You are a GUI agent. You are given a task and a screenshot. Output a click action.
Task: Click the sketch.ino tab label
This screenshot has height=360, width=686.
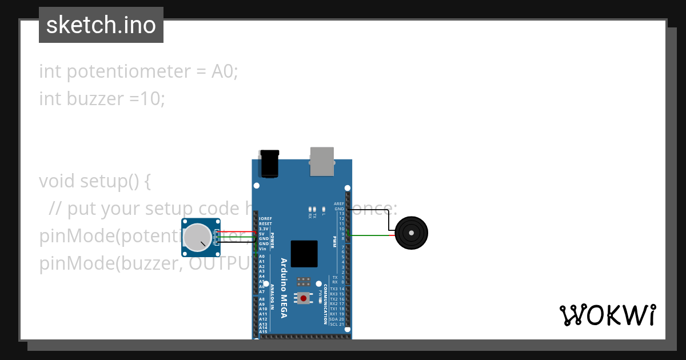(x=101, y=25)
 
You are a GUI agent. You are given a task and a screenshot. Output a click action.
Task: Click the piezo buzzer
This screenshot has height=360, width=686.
(x=412, y=233)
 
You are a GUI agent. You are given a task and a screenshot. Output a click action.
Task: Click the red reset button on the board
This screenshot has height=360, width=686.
(x=303, y=298)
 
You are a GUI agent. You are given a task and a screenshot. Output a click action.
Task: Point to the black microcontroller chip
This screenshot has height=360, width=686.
(x=304, y=254)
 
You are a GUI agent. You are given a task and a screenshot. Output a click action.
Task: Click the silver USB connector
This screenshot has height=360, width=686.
(x=322, y=161)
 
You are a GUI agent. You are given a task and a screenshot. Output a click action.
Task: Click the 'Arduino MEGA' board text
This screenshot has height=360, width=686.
(x=284, y=288)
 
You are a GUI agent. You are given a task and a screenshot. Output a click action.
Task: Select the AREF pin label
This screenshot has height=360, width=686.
(x=340, y=204)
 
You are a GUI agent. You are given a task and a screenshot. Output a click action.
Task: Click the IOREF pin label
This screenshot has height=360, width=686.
(x=265, y=219)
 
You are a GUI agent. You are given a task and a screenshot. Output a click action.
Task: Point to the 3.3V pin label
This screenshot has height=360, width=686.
(x=264, y=229)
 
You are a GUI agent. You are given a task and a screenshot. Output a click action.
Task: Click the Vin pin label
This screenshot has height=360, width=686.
(x=262, y=249)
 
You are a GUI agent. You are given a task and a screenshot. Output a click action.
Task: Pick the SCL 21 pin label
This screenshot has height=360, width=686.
(x=337, y=324)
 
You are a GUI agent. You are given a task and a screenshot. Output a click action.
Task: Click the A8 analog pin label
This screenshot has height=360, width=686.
(x=262, y=299)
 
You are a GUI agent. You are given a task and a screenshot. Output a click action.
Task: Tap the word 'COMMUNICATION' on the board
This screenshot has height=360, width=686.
(x=325, y=304)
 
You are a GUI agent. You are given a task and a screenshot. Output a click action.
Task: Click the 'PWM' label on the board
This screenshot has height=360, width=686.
(x=334, y=242)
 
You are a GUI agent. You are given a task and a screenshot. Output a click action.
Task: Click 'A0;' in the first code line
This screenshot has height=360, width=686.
(x=225, y=71)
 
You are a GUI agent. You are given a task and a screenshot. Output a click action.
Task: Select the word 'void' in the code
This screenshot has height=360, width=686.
(x=57, y=181)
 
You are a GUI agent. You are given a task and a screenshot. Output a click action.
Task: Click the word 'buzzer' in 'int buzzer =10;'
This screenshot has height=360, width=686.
(x=95, y=99)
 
